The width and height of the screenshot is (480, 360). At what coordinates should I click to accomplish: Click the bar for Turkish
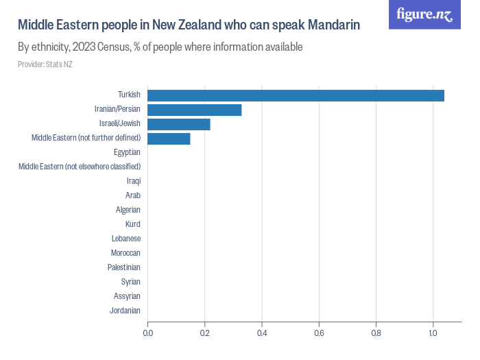(x=296, y=95)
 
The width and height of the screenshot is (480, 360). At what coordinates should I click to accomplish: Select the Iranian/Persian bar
(x=195, y=110)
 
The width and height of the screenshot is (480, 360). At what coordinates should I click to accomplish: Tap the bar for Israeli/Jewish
(x=179, y=124)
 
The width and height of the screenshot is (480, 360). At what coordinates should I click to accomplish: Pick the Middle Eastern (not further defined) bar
(x=169, y=139)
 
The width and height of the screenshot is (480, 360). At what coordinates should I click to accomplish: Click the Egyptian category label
(x=127, y=152)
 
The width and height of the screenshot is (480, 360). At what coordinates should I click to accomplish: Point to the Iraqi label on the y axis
(x=134, y=181)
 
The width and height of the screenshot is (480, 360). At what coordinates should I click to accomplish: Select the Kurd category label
(x=133, y=224)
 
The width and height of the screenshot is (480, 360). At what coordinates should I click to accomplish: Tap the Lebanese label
(x=126, y=239)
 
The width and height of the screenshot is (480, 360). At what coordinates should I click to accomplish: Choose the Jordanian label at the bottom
(x=125, y=311)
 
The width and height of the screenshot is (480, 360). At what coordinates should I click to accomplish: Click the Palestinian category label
(x=124, y=267)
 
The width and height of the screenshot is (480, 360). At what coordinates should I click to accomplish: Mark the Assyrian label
(x=127, y=296)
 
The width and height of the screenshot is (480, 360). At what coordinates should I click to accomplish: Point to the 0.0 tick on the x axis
(x=148, y=333)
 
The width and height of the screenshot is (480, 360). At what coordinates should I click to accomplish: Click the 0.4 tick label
(x=262, y=333)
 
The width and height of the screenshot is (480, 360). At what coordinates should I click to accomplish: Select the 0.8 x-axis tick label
(x=376, y=333)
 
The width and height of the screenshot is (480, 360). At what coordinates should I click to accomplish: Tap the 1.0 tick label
(x=433, y=333)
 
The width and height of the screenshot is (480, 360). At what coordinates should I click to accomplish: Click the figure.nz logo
(x=424, y=14)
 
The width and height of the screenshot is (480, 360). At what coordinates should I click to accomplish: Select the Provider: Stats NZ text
(x=45, y=64)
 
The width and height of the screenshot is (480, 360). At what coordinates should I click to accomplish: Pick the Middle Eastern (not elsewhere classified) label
(x=80, y=167)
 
